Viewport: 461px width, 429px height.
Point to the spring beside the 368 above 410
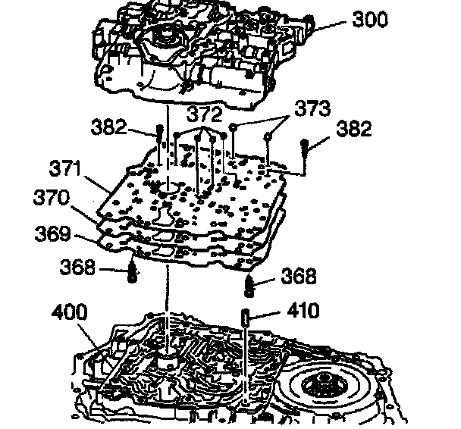[252, 286]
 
